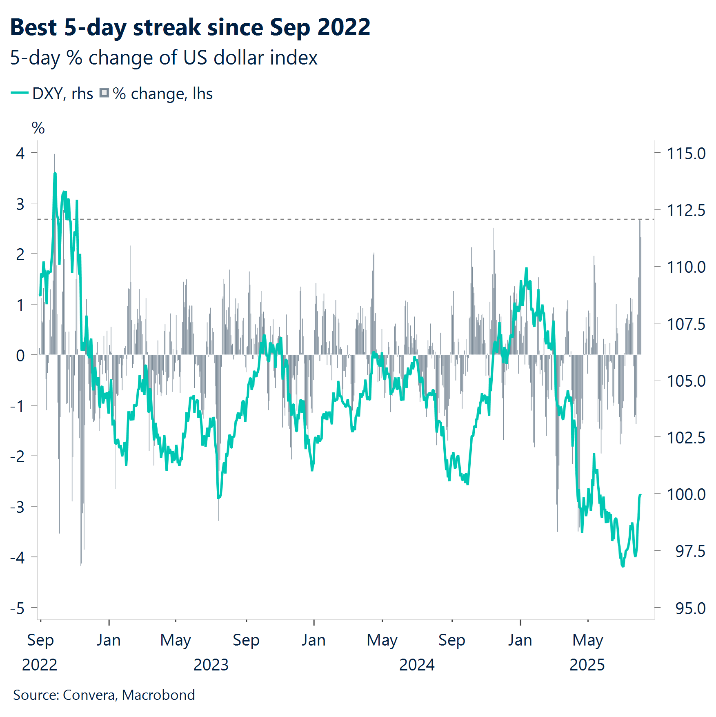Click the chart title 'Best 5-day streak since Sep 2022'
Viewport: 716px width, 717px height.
(190, 27)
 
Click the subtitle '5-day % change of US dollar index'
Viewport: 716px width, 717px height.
(164, 58)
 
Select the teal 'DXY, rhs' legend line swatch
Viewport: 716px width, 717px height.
(19, 93)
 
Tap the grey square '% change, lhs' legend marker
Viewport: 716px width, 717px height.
(105, 93)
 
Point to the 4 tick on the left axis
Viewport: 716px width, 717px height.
(20, 154)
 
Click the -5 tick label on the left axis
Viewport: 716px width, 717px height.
(18, 608)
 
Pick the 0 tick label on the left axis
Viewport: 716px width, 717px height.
(20, 356)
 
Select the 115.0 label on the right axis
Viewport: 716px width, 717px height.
(686, 154)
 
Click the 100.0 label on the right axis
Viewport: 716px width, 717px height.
(686, 494)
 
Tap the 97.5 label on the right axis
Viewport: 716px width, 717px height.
(690, 551)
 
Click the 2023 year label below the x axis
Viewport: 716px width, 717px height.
(211, 665)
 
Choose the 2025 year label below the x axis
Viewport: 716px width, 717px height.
(587, 665)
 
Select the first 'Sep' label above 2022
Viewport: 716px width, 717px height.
(40, 640)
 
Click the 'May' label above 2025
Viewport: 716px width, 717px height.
(587, 640)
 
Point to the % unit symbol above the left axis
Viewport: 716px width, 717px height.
(38, 128)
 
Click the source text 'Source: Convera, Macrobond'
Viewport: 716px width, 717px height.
(104, 695)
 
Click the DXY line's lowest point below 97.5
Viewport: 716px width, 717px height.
(623, 566)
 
